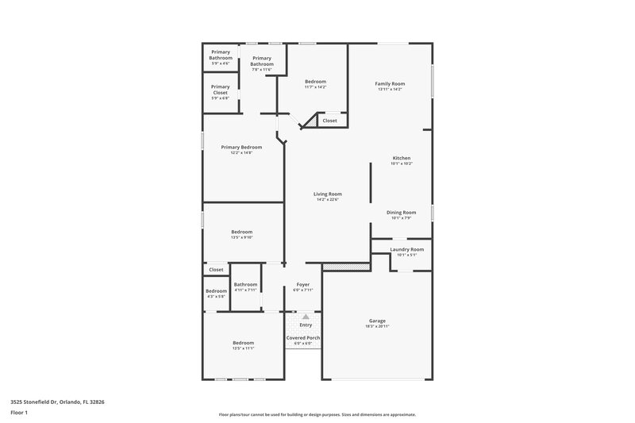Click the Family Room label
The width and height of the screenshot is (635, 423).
pyautogui.click(x=390, y=83)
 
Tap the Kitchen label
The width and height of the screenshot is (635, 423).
pyautogui.click(x=402, y=158)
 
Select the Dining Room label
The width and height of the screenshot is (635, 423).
pyautogui.click(x=401, y=212)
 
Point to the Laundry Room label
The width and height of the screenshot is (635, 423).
pyautogui.click(x=406, y=249)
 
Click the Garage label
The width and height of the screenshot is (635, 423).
pyautogui.click(x=377, y=321)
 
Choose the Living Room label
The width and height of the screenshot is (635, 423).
pyautogui.click(x=327, y=194)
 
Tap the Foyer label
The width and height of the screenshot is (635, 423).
pyautogui.click(x=303, y=284)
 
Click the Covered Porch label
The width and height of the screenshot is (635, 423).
pyautogui.click(x=303, y=337)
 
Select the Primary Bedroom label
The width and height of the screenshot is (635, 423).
pyautogui.click(x=241, y=147)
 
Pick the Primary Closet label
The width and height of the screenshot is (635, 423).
pyautogui.click(x=220, y=90)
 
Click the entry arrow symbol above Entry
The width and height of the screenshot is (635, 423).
pyautogui.click(x=306, y=316)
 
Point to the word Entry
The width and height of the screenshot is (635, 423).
pyautogui.click(x=306, y=325)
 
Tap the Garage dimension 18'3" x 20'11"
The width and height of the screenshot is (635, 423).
pyautogui.click(x=377, y=326)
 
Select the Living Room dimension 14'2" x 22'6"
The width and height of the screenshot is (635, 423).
pyautogui.click(x=327, y=199)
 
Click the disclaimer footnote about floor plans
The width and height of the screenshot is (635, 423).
pyautogui.click(x=317, y=414)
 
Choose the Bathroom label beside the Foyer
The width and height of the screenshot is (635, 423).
pyautogui.click(x=245, y=284)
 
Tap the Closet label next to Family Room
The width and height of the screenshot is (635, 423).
pyautogui.click(x=329, y=121)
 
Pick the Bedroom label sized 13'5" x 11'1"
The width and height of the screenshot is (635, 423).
pyautogui.click(x=243, y=342)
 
